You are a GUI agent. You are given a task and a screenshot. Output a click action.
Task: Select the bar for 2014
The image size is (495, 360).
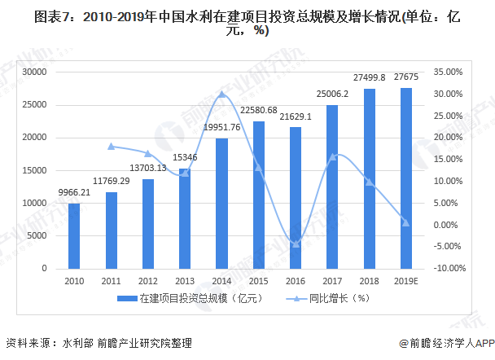(221, 203)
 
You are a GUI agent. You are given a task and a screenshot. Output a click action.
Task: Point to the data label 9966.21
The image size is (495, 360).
(74, 193)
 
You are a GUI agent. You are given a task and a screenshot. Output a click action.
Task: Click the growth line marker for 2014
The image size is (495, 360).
(221, 94)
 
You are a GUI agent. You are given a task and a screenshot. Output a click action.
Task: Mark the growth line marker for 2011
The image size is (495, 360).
(111, 147)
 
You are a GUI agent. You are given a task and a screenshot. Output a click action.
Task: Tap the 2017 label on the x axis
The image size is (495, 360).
(332, 279)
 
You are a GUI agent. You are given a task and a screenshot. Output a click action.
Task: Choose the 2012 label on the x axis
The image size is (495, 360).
(147, 279)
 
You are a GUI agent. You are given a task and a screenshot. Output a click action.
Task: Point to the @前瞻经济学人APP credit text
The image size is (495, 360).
(441, 344)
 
